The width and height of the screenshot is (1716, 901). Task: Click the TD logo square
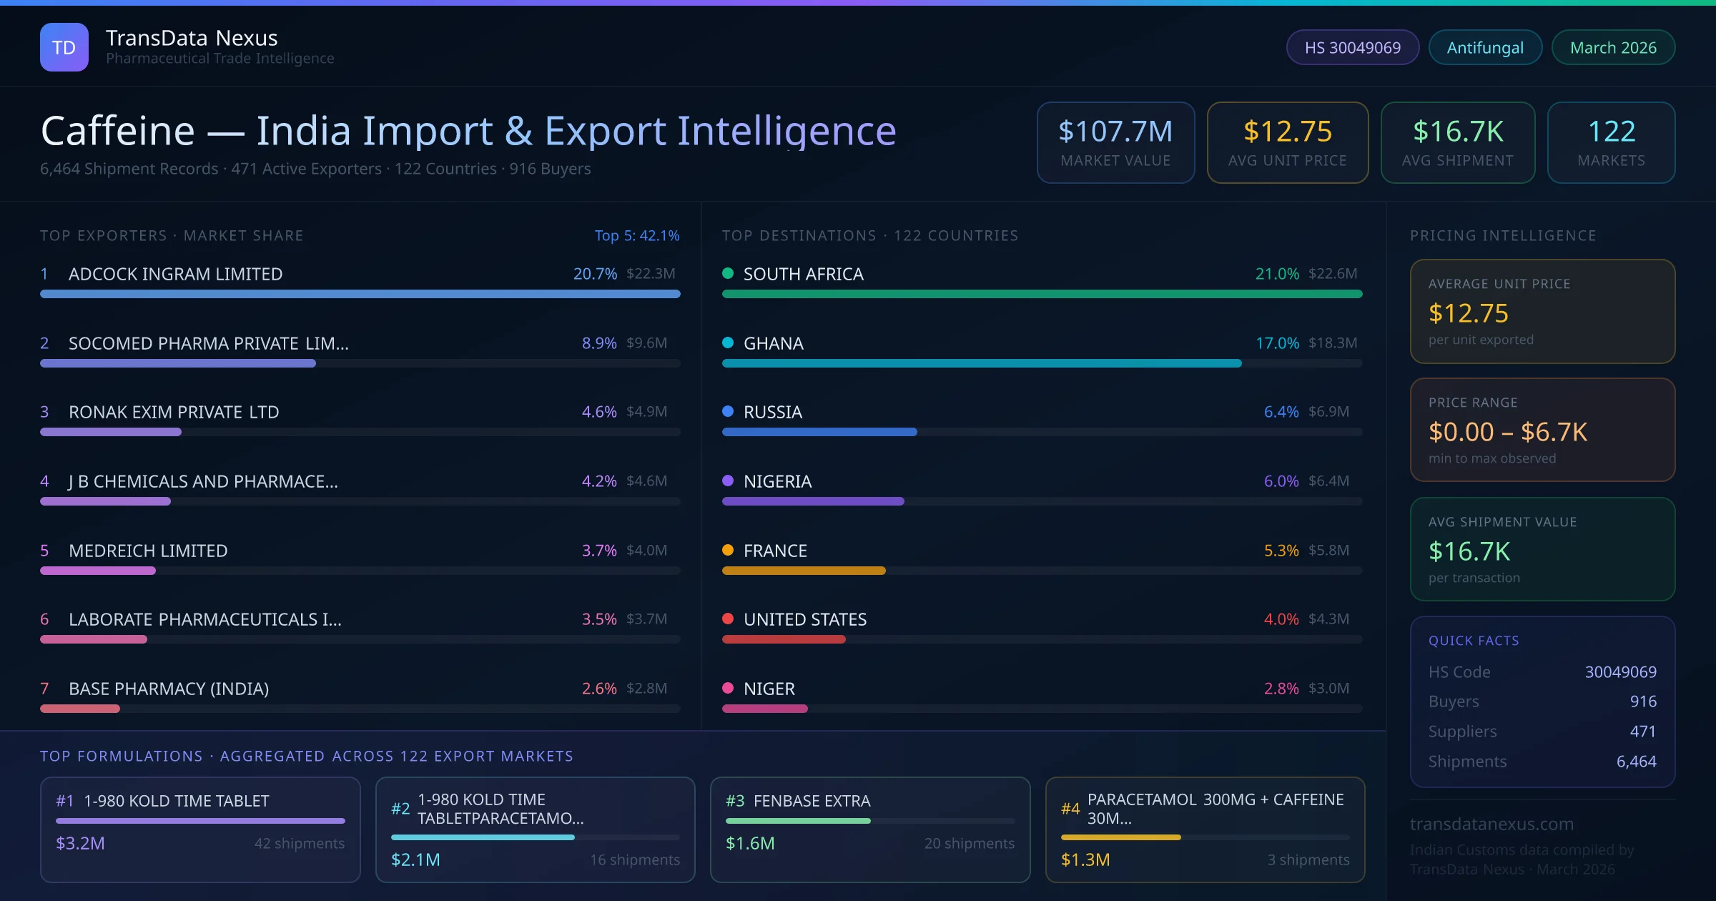(x=64, y=47)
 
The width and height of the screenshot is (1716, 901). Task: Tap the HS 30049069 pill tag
(x=1352, y=47)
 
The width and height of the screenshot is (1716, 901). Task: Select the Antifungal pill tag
(x=1485, y=47)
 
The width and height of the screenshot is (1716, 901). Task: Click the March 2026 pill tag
(x=1613, y=47)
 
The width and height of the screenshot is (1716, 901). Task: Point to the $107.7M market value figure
(x=1115, y=131)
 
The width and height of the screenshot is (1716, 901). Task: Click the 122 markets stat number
(x=1611, y=131)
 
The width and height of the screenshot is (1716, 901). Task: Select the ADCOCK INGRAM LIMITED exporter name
(x=175, y=274)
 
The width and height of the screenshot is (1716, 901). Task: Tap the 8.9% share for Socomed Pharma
(x=598, y=343)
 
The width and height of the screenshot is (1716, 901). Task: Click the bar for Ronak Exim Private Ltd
(x=111, y=432)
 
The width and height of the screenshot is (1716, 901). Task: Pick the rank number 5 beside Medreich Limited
(x=44, y=551)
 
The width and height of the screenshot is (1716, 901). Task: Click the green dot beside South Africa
(x=728, y=273)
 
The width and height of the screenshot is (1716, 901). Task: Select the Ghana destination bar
(x=981, y=363)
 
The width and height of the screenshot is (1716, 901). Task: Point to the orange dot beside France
(x=728, y=550)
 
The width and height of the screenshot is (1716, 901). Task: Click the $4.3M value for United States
(x=1328, y=619)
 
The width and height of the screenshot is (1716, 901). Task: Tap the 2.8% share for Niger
(x=1281, y=689)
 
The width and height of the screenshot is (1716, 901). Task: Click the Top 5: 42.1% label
(x=636, y=235)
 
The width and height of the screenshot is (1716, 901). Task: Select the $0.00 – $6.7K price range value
(x=1507, y=432)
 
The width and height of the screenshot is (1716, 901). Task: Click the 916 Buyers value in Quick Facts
(x=1642, y=701)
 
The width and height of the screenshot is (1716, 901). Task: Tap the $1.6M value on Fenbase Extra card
(x=750, y=843)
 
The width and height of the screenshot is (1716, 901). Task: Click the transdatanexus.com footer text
(x=1491, y=824)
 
